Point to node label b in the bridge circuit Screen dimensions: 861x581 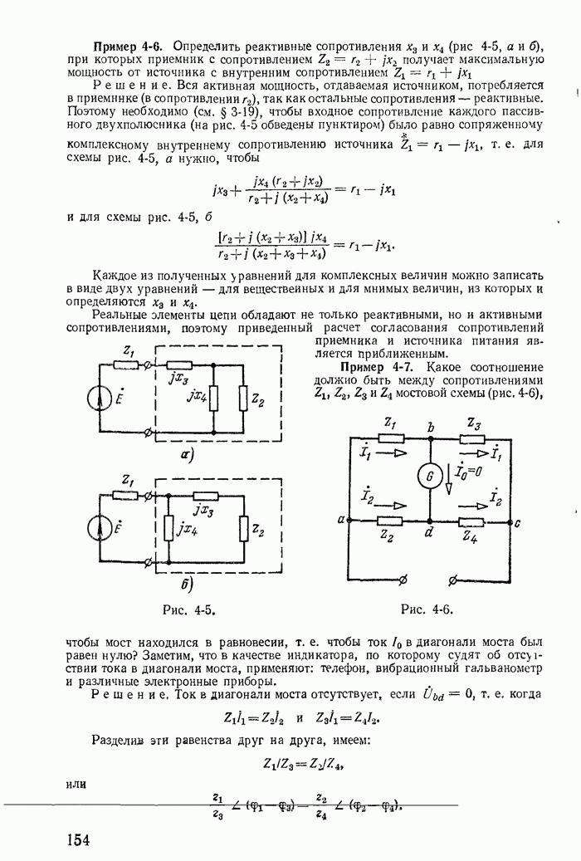click(431, 428)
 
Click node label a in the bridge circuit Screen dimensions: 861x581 click(340, 520)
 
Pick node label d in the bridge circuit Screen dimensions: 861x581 click(429, 534)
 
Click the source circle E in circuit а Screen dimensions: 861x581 click(103, 398)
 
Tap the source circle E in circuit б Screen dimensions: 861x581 click(103, 527)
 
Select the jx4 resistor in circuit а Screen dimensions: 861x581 click(213, 399)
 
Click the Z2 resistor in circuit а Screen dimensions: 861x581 click(242, 399)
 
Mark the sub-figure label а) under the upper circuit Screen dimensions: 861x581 click(186, 454)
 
